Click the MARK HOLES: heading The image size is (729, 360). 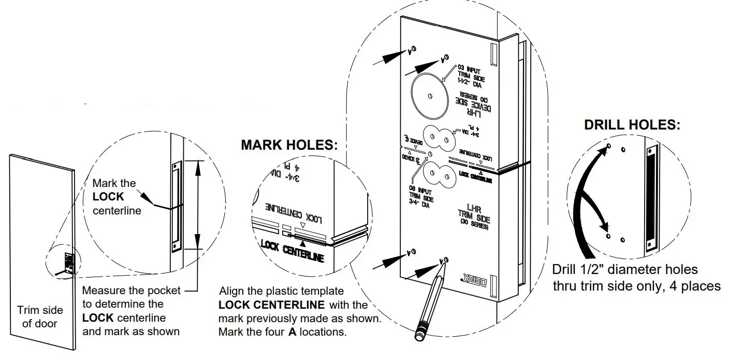pos(289,145)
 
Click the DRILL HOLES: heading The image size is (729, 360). pos(632,125)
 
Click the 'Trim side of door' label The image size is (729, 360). pos(40,316)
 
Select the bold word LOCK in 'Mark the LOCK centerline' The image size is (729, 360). pos(108,197)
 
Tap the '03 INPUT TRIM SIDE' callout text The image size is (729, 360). pos(470,76)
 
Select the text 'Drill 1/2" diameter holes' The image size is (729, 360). pos(624,270)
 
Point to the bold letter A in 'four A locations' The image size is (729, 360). pos(292,332)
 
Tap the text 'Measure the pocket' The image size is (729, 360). pos(132,291)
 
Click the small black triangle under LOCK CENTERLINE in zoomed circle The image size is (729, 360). pos(302,236)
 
